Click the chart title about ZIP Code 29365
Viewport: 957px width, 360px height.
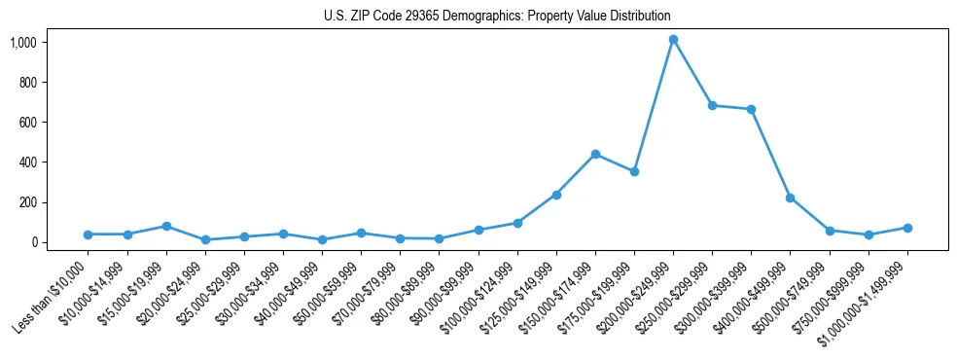[x=497, y=17]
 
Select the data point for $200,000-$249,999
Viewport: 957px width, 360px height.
[x=673, y=39]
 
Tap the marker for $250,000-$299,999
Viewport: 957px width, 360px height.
[x=712, y=105]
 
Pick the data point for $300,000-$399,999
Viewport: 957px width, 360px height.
[x=751, y=109]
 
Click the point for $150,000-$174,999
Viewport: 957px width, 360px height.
[x=595, y=154]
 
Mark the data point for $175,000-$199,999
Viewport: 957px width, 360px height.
[x=634, y=171]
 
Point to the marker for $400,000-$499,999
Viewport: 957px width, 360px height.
[x=790, y=198]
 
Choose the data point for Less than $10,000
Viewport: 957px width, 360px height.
[x=89, y=234]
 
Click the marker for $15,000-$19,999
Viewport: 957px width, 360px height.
[x=166, y=226]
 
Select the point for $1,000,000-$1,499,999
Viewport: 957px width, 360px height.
[x=907, y=228]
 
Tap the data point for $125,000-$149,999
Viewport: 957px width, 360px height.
[x=556, y=195]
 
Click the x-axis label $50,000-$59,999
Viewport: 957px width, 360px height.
[x=323, y=294]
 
